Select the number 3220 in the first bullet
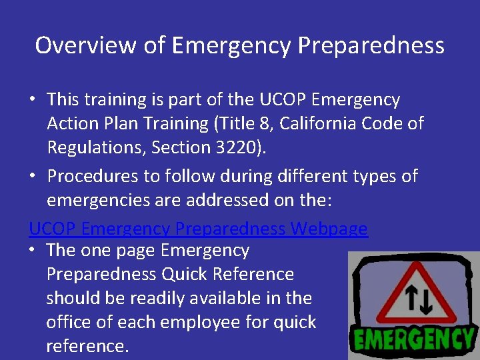point(239,147)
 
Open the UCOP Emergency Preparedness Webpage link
point(198,229)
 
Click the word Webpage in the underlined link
point(329,229)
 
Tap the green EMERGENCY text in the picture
point(414,339)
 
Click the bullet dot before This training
point(32,100)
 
